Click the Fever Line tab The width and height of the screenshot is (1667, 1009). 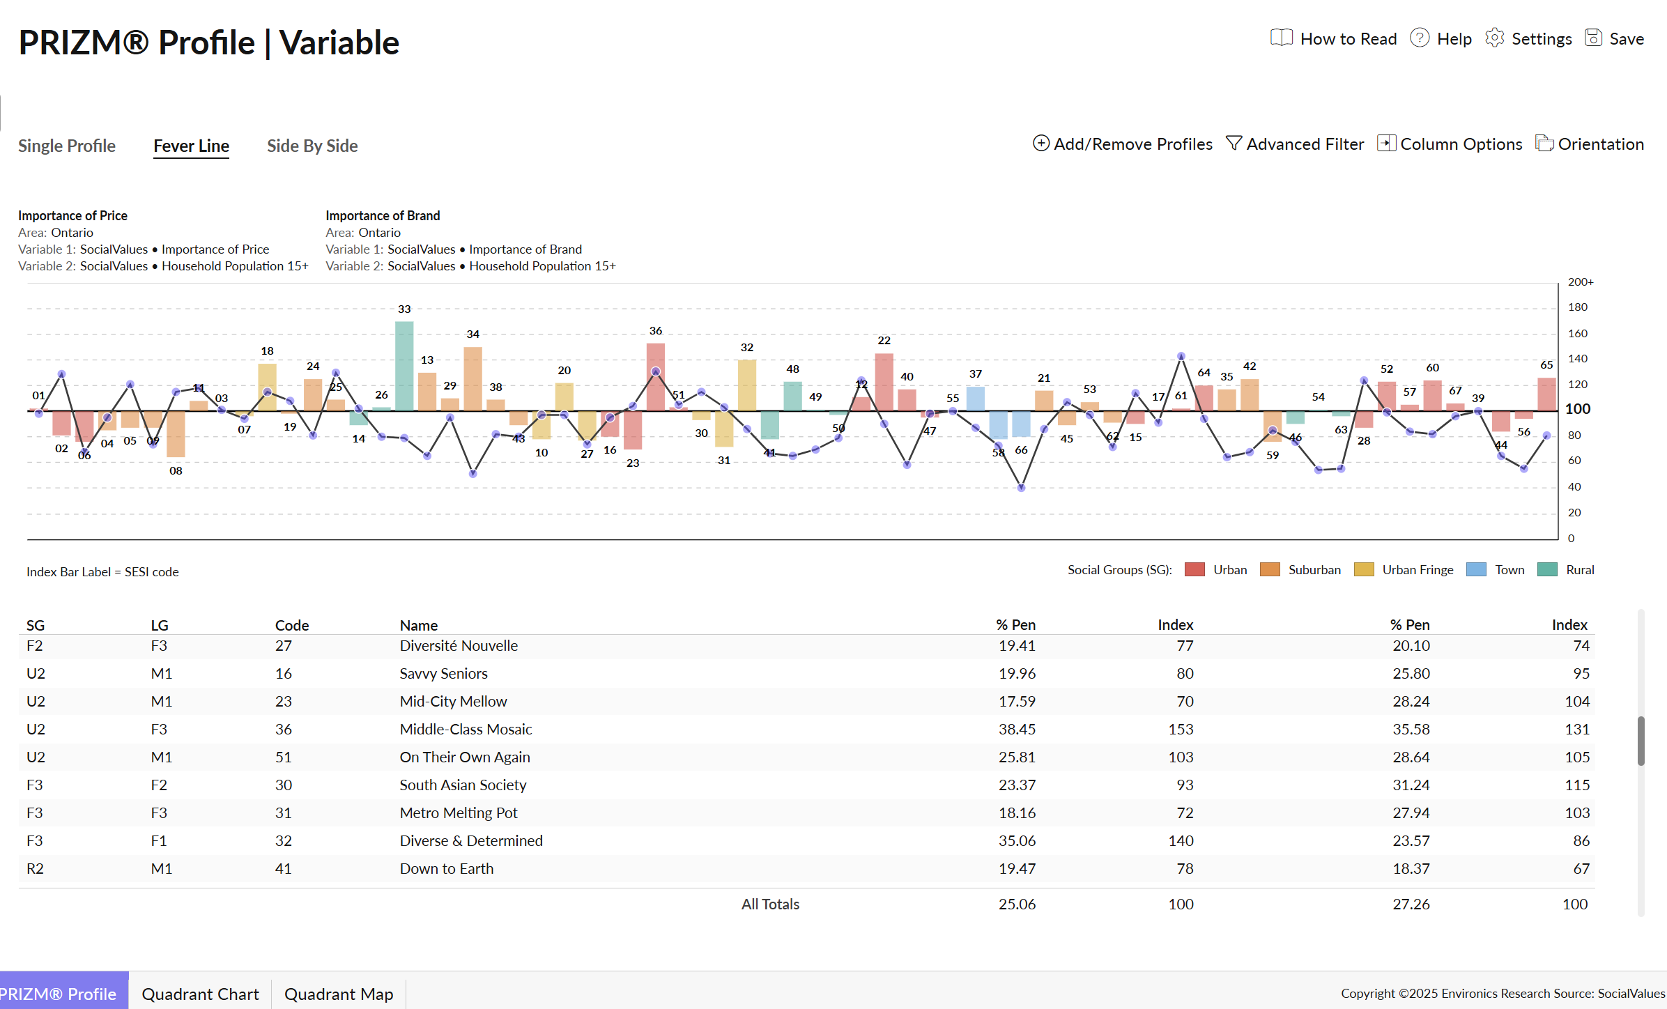191,146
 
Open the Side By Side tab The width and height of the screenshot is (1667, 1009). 312,146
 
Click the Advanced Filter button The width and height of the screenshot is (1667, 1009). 1295,144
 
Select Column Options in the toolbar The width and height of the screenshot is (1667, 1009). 1450,144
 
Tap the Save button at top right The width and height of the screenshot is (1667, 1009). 1615,39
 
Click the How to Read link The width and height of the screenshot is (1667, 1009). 1335,39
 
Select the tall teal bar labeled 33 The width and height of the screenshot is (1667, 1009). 404,366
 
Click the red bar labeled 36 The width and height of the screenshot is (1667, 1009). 655,376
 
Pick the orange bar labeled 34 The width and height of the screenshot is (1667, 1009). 473,378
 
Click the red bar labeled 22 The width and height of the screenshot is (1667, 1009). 884,382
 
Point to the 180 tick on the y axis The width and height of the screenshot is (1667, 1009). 1577,307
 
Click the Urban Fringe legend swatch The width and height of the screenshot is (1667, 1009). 1364,570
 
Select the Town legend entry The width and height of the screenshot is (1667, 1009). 1496,570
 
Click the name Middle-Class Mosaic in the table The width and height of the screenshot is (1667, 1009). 466,729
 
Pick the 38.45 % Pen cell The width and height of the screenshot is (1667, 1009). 1017,729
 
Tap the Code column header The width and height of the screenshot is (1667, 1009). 291,625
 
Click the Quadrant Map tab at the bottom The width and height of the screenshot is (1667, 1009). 339,994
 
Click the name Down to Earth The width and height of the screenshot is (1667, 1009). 446,868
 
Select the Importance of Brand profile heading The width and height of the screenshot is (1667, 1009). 383,215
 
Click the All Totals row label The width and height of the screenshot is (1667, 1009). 770,904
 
